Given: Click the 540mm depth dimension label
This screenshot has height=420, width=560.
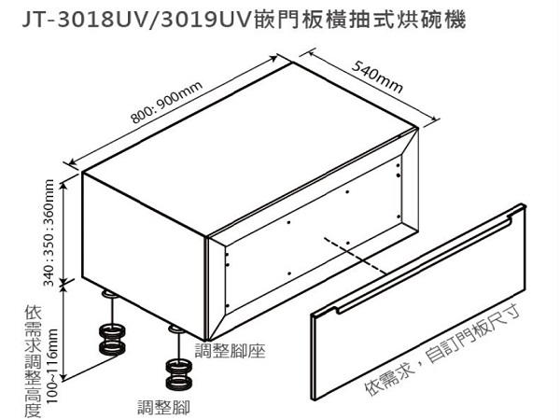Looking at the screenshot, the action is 377,77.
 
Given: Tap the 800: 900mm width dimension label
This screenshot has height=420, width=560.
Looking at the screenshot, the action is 167,102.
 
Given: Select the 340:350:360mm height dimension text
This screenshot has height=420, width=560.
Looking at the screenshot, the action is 49,232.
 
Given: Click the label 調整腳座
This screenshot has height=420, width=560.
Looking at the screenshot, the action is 230,350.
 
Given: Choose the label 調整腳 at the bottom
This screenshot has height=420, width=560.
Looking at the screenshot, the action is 164,408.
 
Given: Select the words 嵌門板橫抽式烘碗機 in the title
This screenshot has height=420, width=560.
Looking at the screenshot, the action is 360,20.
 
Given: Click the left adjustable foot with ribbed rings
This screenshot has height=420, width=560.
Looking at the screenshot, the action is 112,340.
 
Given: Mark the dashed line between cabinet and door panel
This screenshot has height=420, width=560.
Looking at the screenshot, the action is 355,256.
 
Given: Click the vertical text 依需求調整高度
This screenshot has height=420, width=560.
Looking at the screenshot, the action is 33,361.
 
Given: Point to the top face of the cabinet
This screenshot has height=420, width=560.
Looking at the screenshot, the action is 250,149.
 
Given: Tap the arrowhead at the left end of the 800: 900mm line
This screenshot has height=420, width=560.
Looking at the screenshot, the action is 72,162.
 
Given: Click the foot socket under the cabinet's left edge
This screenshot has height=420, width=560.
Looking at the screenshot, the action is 109,295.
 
